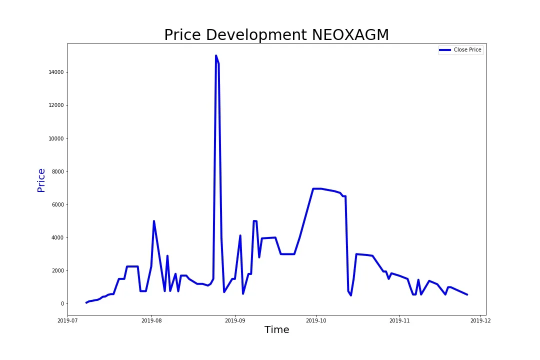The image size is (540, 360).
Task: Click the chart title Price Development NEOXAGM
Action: click(276, 35)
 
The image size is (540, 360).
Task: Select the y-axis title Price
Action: click(41, 180)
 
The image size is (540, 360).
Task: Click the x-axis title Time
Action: click(276, 330)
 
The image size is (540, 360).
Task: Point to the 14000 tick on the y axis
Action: click(55, 72)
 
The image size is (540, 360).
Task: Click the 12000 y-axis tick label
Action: click(55, 105)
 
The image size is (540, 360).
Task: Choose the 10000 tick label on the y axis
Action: click(55, 138)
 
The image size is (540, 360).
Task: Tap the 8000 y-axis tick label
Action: click(57, 171)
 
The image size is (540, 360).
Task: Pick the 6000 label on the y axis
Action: click(57, 204)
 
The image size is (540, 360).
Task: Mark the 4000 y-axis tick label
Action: click(57, 237)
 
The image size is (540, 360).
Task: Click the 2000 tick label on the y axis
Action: click(57, 270)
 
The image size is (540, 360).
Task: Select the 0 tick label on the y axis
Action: click(62, 303)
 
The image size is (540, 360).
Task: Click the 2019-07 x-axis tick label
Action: click(67, 320)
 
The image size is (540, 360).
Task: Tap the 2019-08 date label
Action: click(151, 320)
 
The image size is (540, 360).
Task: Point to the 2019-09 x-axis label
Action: click(235, 320)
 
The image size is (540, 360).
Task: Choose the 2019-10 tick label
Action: click(316, 320)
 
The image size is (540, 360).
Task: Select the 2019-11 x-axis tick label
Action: click(399, 320)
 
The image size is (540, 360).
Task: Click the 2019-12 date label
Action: click(480, 320)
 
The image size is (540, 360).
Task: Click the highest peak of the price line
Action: click(216, 56)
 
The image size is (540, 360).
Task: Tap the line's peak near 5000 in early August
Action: click(154, 221)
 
